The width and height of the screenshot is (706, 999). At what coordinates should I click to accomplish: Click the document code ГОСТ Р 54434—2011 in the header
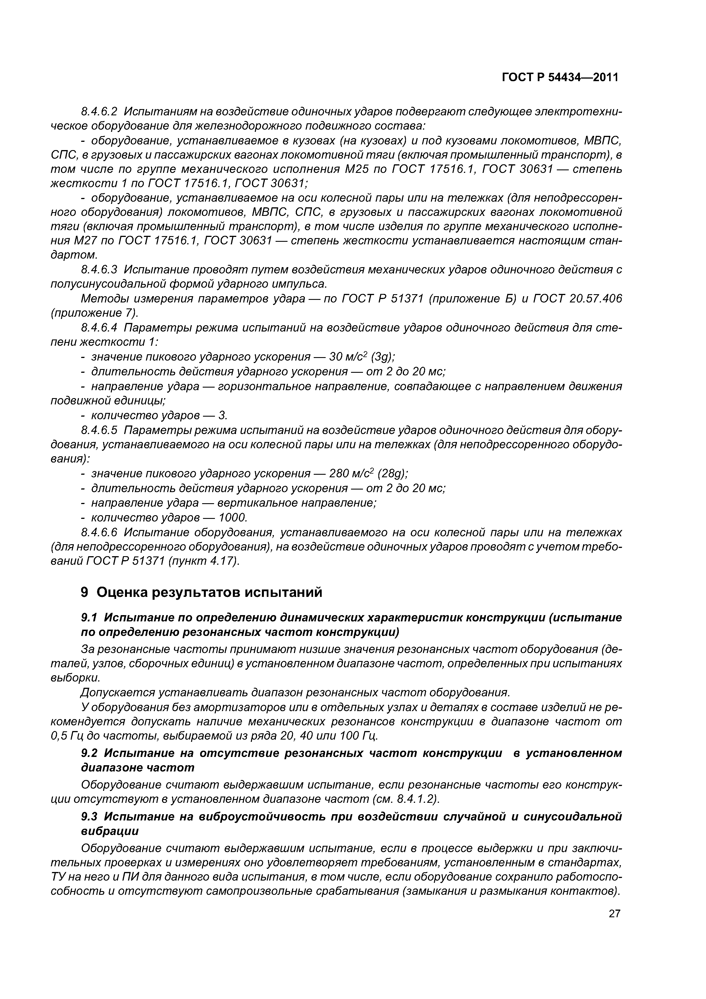click(560, 77)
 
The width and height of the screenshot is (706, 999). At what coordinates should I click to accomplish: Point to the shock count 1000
click(232, 518)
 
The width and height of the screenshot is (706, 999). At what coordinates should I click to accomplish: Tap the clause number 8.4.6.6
click(99, 533)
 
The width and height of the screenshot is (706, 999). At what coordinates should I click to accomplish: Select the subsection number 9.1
click(90, 618)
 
